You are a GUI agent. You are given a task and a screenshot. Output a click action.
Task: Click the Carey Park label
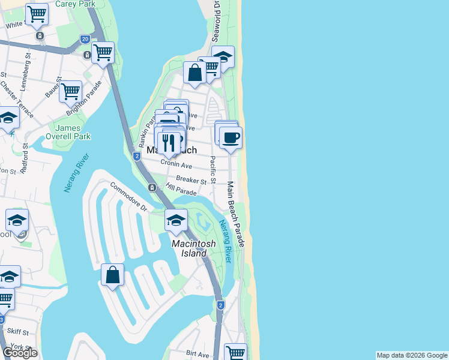75,4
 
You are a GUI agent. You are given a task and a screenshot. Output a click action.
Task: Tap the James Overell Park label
73,132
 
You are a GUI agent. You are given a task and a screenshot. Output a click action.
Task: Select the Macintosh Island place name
189,248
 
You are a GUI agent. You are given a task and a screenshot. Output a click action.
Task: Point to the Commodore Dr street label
128,197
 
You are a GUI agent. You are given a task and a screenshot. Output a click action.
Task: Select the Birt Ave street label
197,354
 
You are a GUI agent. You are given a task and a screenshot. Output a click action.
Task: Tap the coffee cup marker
231,139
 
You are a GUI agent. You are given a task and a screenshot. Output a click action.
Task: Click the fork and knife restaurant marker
169,143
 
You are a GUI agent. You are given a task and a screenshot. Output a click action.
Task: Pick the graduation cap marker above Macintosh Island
176,220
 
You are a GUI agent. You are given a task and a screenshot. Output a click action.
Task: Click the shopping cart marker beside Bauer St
71,92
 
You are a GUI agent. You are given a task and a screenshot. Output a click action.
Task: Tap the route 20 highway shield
85,38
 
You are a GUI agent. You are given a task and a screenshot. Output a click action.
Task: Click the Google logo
20,353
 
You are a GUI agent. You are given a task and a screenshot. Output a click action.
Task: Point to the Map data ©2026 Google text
412,355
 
